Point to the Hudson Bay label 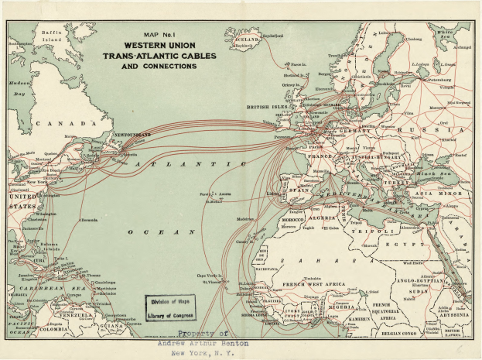tap(19, 88)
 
